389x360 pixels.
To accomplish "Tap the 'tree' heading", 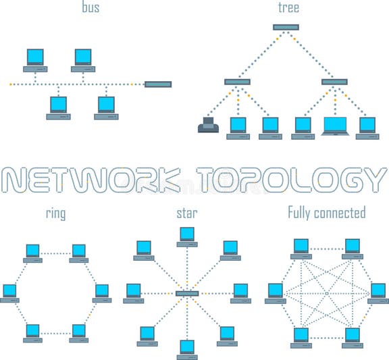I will click(x=288, y=8).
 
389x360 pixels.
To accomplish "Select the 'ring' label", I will click(x=56, y=214).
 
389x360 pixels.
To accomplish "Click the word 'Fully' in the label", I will click(x=302, y=213).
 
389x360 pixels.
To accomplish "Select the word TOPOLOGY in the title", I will click(x=286, y=179).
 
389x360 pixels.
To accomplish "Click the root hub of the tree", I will click(x=286, y=27).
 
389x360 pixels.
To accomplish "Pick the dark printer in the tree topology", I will click(x=206, y=126).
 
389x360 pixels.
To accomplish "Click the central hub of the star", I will click(x=187, y=293).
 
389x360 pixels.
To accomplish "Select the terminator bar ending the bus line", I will click(x=158, y=84).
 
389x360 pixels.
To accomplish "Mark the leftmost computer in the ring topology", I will click(x=9, y=293).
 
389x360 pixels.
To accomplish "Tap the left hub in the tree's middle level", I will click(x=237, y=82).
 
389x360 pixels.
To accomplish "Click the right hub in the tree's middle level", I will click(x=334, y=82).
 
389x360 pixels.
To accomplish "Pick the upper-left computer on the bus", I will click(x=35, y=59).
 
